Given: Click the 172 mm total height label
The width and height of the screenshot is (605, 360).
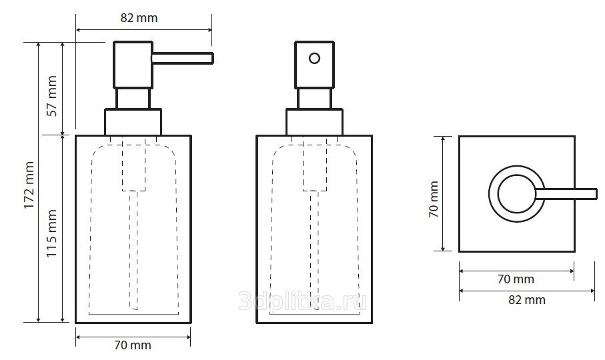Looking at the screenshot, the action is [x=29, y=185].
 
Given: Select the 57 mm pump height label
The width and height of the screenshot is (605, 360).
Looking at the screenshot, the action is [x=52, y=96].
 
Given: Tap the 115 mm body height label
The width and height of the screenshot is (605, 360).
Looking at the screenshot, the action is [x=52, y=233].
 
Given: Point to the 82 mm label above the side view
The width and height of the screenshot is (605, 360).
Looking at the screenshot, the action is [x=139, y=18].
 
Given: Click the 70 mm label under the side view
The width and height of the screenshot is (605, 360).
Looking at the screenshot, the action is [x=133, y=345].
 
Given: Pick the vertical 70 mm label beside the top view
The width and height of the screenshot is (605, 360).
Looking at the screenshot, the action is [x=434, y=199].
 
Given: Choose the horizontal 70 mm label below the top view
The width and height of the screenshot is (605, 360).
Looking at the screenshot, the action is [x=516, y=279].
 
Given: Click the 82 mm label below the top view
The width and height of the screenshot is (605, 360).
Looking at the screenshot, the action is [x=527, y=299].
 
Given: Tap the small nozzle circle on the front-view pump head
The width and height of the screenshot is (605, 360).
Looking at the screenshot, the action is [x=314, y=58].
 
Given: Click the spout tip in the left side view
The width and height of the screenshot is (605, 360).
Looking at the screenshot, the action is [x=212, y=58].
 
